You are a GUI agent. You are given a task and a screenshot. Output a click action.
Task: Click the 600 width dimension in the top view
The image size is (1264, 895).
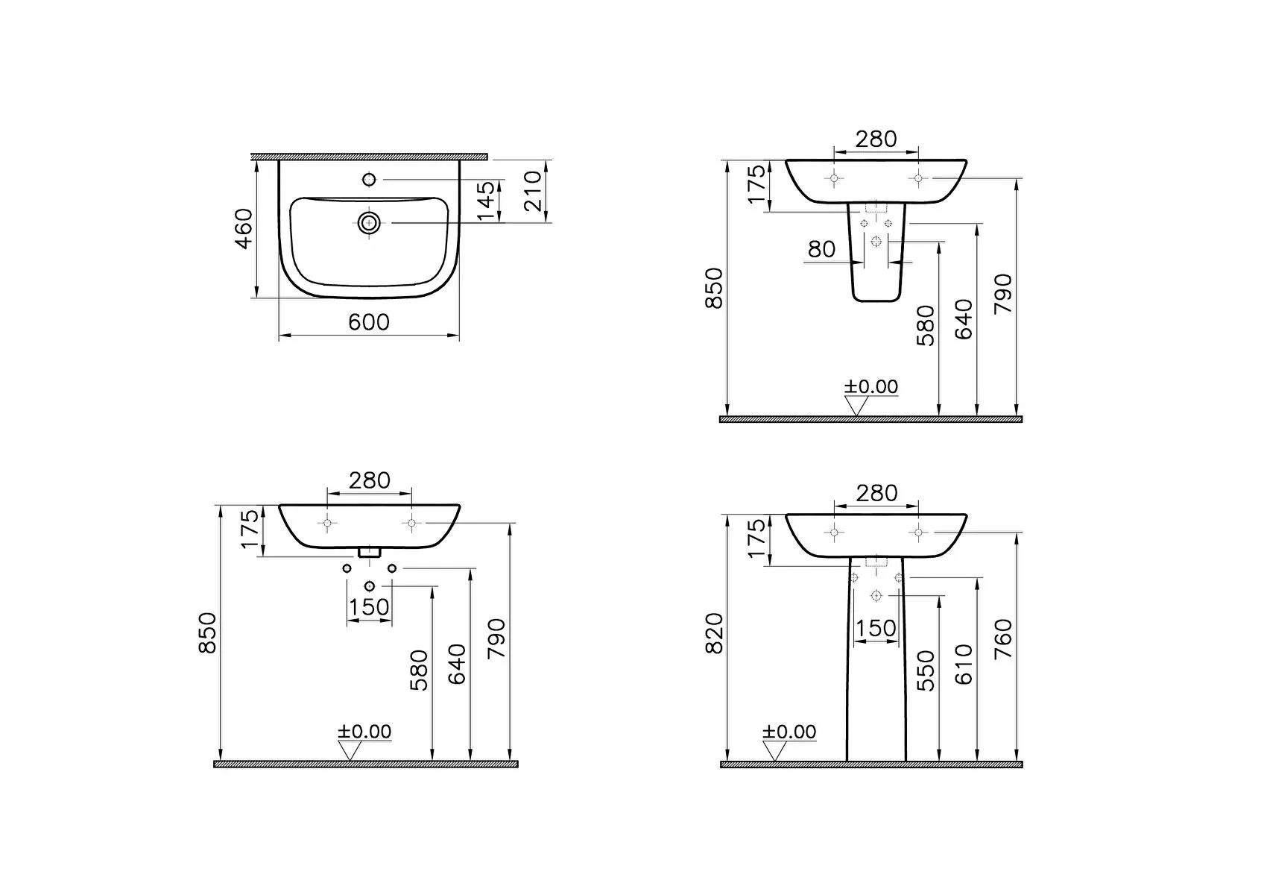369,322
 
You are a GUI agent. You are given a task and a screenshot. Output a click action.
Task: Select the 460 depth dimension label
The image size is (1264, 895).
244,228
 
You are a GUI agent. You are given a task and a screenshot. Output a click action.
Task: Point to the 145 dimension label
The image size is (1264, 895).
485,201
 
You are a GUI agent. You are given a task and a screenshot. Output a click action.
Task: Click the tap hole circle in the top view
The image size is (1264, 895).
369,179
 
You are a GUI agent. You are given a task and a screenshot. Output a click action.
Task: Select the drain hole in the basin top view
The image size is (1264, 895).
369,222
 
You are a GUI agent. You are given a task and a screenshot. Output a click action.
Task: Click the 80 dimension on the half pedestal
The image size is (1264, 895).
822,248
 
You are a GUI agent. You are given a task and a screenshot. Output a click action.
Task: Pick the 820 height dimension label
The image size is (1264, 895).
715,633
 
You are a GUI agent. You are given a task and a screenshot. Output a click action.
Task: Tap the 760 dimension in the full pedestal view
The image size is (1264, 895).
1004,638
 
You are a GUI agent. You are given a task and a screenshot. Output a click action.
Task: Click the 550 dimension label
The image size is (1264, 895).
925,670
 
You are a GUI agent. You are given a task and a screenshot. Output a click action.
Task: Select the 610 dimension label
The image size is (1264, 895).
964,665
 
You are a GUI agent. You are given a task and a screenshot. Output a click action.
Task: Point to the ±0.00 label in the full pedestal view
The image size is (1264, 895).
789,732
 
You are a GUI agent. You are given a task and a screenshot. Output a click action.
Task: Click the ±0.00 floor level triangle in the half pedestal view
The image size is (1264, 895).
856,406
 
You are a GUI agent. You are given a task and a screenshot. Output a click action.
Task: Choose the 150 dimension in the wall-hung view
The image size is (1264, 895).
370,606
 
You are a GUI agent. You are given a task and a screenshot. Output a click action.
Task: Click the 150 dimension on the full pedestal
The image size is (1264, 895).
876,628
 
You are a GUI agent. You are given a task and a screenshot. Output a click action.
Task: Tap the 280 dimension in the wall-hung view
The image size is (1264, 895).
370,480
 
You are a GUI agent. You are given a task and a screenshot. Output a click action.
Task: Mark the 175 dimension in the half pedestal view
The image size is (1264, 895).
756,184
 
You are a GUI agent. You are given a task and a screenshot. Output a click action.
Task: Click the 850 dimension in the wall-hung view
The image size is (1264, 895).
208,632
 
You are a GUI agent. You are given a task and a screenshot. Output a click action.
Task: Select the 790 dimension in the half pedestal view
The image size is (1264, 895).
1004,293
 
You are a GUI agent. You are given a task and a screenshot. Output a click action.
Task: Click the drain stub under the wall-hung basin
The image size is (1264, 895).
370,552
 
